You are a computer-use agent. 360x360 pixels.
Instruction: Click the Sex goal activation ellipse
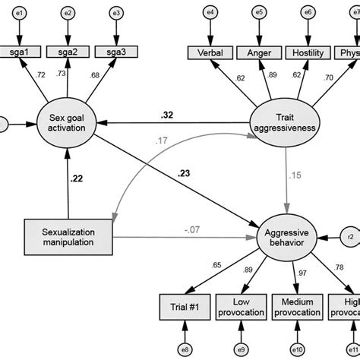click(69, 123)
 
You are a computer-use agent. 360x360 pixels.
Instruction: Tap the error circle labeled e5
click(259, 13)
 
